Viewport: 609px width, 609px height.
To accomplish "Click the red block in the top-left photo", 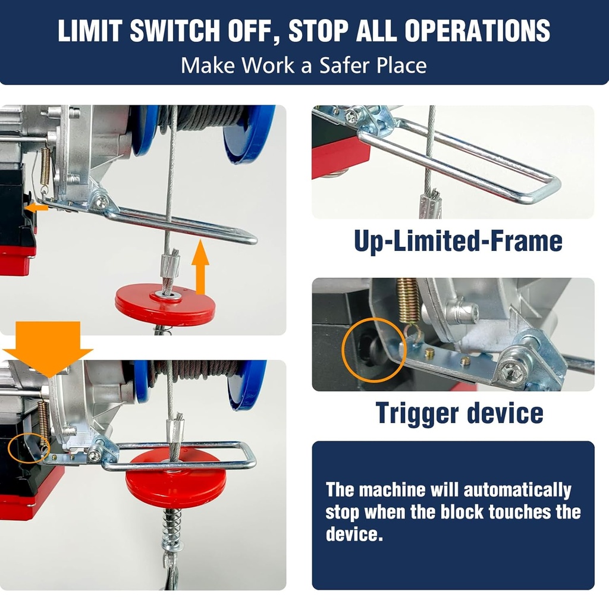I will pyautogui.click(x=165, y=304).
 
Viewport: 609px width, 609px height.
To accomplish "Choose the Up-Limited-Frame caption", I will pyautogui.click(x=458, y=241).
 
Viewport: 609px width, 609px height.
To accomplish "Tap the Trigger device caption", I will pyautogui.click(x=459, y=413).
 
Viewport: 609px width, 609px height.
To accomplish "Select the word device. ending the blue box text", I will pyautogui.click(x=353, y=533).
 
